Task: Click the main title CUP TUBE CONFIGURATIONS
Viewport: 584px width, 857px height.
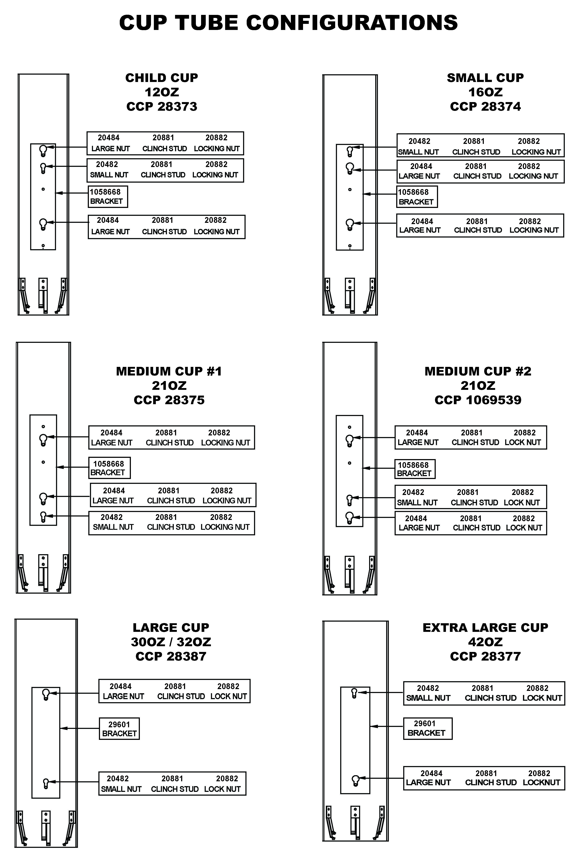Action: click(x=288, y=23)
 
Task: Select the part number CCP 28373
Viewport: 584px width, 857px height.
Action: click(x=162, y=107)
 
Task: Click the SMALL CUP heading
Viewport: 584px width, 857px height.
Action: click(x=485, y=78)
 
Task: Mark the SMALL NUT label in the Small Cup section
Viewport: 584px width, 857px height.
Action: click(x=418, y=152)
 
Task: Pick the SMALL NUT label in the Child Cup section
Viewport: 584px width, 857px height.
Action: click(x=109, y=175)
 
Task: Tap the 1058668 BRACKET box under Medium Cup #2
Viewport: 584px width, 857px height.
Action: click(x=415, y=469)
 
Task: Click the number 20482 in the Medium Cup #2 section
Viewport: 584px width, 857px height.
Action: click(x=413, y=492)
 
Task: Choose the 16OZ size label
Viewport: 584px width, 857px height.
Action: click(x=485, y=92)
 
